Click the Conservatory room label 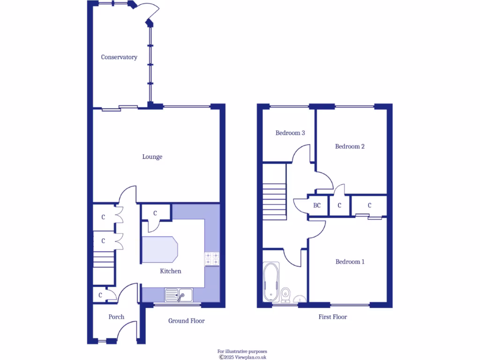[119, 57]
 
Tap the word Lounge [152, 157]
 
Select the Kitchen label [171, 271]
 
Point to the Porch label [116, 317]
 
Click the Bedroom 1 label [350, 262]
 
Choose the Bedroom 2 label [350, 146]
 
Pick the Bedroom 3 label [290, 133]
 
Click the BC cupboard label [317, 205]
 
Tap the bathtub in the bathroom [271, 282]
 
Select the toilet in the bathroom [285, 294]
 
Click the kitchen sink [178, 295]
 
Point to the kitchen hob [212, 259]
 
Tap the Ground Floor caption [187, 321]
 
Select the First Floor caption [333, 317]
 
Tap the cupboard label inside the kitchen [155, 213]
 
